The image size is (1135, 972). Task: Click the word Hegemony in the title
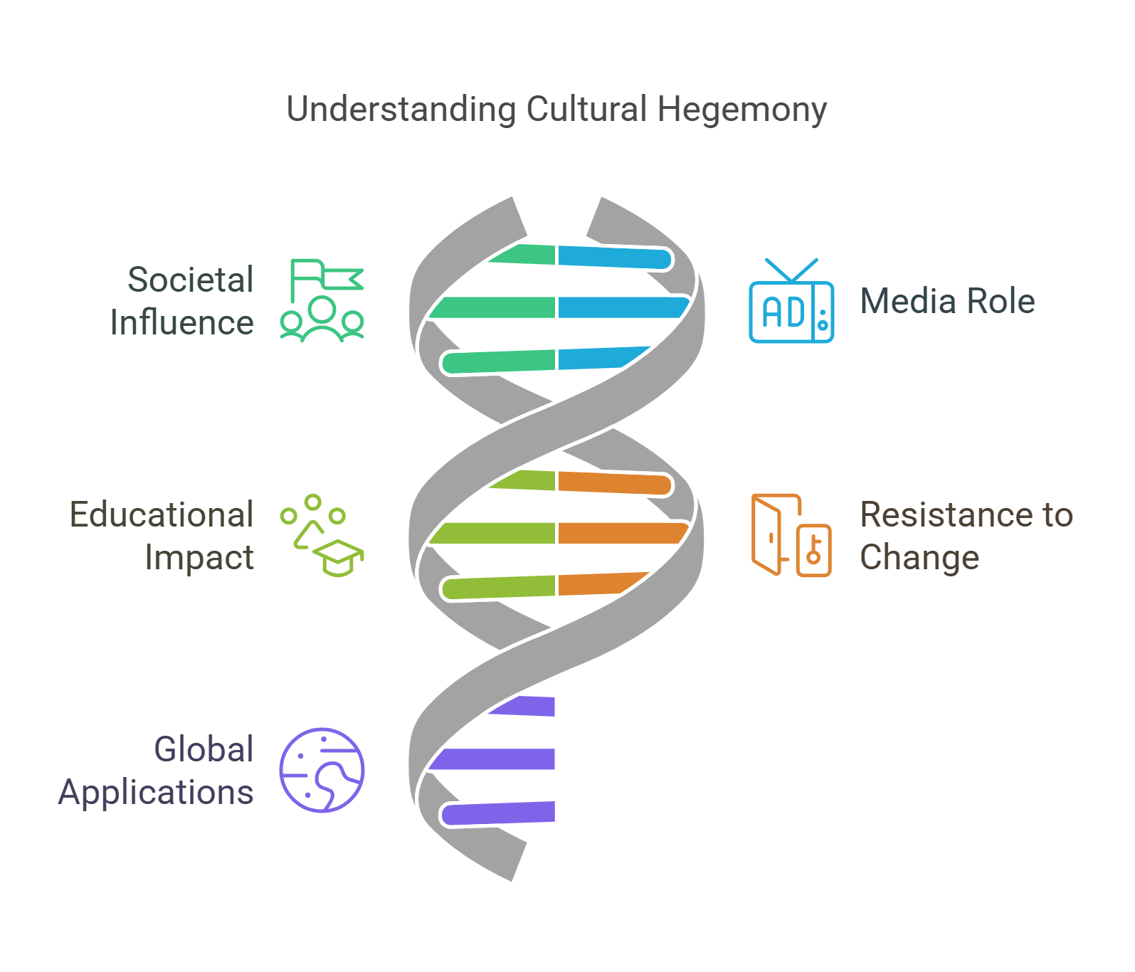tap(741, 110)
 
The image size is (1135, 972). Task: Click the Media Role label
tap(947, 301)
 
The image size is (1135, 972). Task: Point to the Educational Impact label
tap(162, 536)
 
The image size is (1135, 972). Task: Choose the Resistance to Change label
tap(966, 536)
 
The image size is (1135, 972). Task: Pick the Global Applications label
tap(157, 771)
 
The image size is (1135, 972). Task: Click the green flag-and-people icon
tap(322, 300)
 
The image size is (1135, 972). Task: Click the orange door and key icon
tap(791, 535)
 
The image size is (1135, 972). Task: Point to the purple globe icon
tap(322, 770)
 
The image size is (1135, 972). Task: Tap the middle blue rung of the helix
tap(621, 307)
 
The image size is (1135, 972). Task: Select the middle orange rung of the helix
tap(621, 533)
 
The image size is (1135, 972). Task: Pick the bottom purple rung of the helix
tap(498, 813)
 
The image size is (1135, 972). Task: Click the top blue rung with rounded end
tap(613, 258)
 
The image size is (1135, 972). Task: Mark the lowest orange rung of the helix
tap(598, 583)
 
